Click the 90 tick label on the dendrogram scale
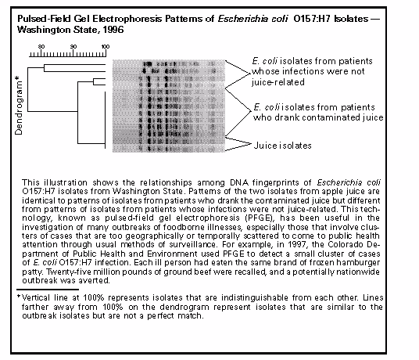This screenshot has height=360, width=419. pyautogui.click(x=73, y=48)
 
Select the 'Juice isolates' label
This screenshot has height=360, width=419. pyautogui.click(x=284, y=145)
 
